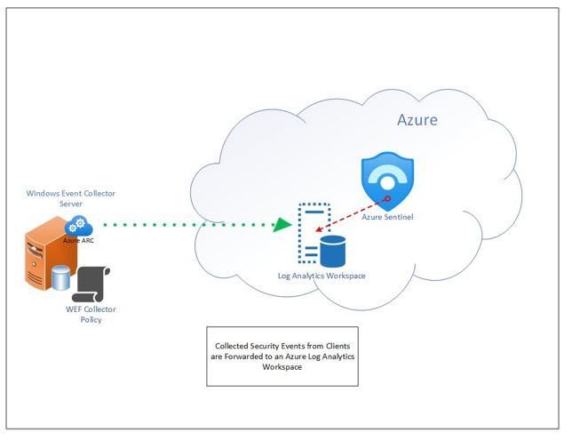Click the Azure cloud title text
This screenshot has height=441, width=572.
coord(417,120)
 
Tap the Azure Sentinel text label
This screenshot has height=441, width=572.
coord(387,216)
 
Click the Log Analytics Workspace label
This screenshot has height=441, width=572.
coord(322,276)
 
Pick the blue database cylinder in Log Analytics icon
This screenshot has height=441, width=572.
coord(332,252)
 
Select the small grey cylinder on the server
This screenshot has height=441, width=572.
coord(60,277)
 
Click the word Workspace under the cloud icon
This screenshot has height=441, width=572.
coord(343,276)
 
